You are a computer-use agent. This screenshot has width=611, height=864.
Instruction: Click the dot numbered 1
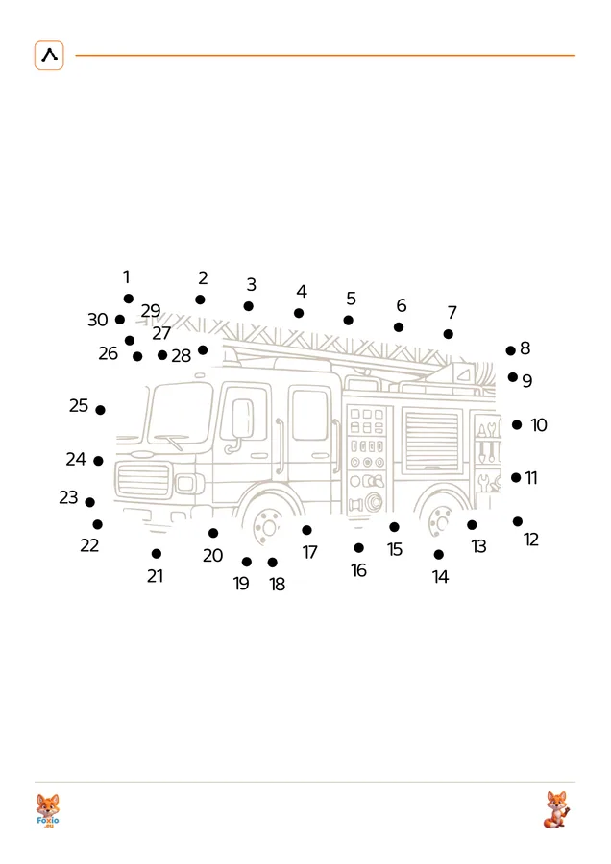pos(129,299)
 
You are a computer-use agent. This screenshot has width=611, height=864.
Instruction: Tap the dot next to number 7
pos(449,334)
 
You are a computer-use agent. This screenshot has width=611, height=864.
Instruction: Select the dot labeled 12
pos(517,521)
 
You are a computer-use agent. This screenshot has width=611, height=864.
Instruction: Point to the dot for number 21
pos(157,553)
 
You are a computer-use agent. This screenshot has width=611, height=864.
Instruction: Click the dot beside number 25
pos(100,410)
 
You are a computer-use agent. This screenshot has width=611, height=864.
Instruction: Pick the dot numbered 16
pos(359,548)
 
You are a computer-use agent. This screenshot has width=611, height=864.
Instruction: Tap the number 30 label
pos(98,320)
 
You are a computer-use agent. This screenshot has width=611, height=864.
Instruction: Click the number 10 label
pos(539,425)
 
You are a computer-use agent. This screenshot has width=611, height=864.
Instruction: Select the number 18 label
pos(278,584)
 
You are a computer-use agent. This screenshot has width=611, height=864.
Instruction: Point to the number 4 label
pos(302,291)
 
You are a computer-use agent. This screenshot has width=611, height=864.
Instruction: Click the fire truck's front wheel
pos(268,524)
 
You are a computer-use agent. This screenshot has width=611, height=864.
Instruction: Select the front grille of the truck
pos(144,481)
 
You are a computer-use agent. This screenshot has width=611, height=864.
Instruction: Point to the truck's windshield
pos(181,412)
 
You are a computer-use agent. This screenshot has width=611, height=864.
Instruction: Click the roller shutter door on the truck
pos(431,441)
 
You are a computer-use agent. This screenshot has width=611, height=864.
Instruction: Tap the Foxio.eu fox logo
pos(47,810)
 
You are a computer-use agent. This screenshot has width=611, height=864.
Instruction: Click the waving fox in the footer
pos(556,809)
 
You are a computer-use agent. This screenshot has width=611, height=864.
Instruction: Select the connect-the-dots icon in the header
pos(49,55)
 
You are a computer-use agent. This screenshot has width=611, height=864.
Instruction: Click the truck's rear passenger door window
pos(310,415)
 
